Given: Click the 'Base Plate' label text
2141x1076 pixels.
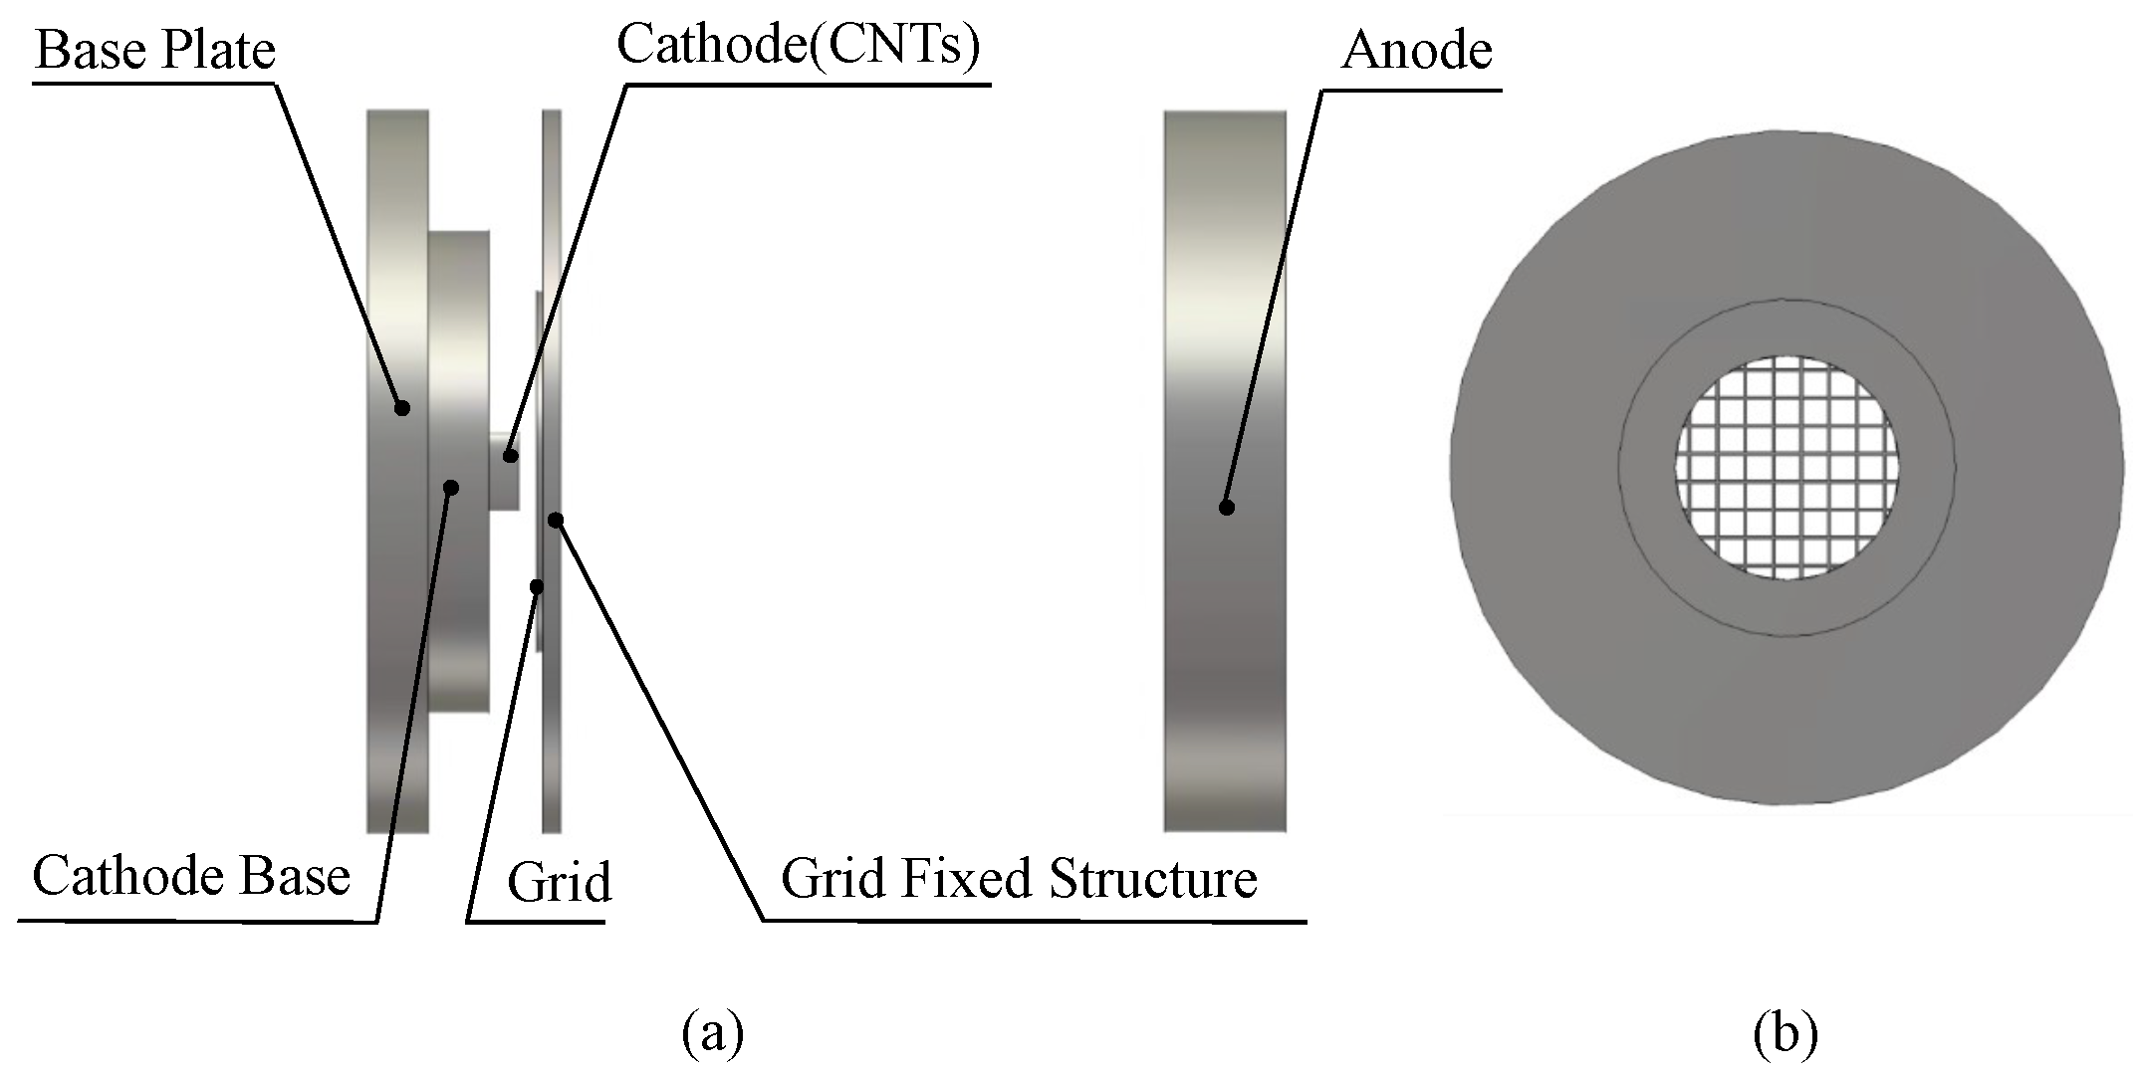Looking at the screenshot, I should [x=155, y=50].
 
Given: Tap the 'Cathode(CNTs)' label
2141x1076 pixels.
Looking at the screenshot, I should [x=799, y=46].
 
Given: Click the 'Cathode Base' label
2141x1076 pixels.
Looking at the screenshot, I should [x=191, y=876].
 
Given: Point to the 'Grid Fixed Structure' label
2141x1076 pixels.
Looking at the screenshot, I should [x=1019, y=879].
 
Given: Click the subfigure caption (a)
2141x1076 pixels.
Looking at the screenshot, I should [x=713, y=1033].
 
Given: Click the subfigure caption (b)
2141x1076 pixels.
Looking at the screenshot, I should [x=1785, y=1033].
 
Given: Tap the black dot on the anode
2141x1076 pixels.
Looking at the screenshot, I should [x=1227, y=508].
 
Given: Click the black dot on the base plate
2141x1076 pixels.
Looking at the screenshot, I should [x=402, y=407].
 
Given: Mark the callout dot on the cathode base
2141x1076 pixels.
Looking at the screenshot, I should [x=451, y=487].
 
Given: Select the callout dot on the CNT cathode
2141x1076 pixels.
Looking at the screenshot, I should [x=511, y=456].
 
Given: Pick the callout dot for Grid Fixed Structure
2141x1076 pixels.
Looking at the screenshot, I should [x=557, y=520].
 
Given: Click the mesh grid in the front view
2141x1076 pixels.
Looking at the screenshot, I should [x=1786, y=468].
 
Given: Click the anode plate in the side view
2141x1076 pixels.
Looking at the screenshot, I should [x=1225, y=299].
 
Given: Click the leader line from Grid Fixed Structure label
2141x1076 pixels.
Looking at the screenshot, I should [x=657, y=717].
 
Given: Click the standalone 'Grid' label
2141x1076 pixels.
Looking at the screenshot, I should [x=559, y=883].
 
